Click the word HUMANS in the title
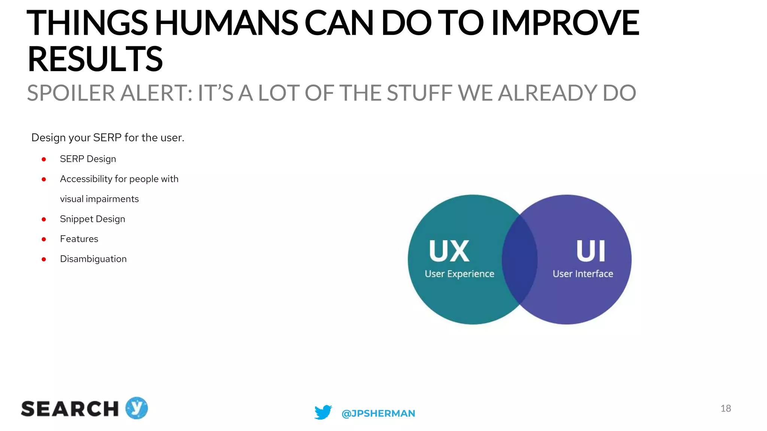pos(226,23)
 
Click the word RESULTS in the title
pos(95,59)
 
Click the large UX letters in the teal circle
pos(449,251)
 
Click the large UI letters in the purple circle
pos(591,251)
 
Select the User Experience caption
pos(459,274)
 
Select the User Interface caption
pos(583,274)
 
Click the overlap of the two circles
pos(520,260)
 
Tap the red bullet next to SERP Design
pos(44,159)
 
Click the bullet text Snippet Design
pos(92,219)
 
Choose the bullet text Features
pos(79,239)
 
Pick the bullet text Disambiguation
pos(93,259)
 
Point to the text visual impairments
pos(99,199)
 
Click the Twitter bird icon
pos(323,412)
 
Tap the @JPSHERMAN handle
pos(378,413)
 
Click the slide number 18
pos(725,408)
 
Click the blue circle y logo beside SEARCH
pos(136,408)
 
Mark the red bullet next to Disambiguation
pos(44,259)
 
